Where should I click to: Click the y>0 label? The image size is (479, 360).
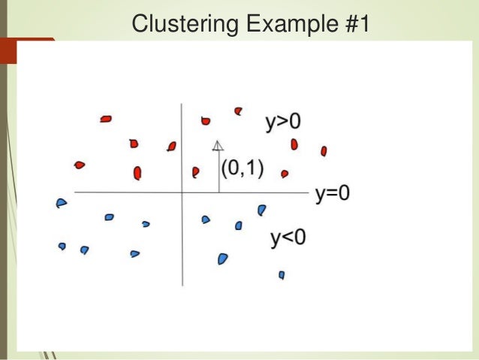point(283,122)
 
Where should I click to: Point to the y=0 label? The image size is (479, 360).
point(333,193)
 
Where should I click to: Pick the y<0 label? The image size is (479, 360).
point(288,238)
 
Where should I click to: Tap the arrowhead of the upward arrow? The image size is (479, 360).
point(218,145)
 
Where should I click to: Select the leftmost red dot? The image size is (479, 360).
point(80,165)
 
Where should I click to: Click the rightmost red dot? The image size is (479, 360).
point(324,151)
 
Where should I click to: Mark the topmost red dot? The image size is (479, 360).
point(239,110)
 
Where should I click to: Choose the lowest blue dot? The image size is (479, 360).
point(282,275)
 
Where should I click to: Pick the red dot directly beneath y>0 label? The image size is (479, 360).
point(294,144)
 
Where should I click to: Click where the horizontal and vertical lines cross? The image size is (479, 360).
point(182,192)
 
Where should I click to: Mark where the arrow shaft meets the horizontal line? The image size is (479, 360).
point(218,192)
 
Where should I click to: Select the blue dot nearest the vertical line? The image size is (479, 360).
point(206,219)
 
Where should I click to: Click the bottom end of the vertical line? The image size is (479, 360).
point(182,285)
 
